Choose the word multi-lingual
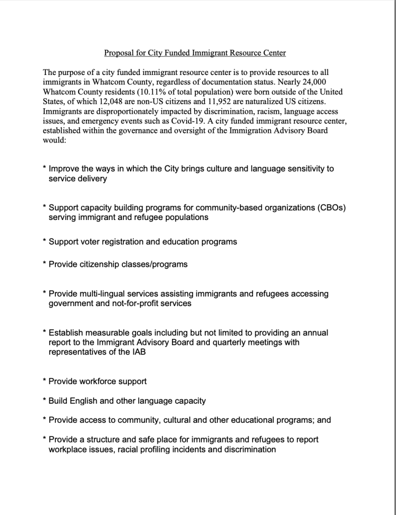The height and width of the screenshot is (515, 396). pyautogui.click(x=104, y=294)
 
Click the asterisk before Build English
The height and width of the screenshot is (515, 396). pyautogui.click(x=44, y=401)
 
